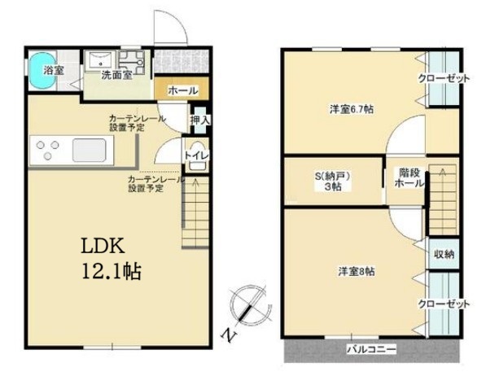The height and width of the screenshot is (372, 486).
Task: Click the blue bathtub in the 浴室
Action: point(43,71)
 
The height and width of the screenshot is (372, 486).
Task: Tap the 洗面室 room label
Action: point(117,76)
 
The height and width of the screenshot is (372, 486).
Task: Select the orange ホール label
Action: point(183,91)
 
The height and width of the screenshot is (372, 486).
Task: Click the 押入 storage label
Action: point(200,120)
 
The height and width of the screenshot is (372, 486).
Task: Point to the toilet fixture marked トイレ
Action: point(196,156)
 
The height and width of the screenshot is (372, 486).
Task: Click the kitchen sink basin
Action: point(90,151)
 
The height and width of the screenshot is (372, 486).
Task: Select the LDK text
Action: point(103,246)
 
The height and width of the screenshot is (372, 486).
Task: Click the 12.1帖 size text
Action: point(112,271)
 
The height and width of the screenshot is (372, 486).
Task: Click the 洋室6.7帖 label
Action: point(351,109)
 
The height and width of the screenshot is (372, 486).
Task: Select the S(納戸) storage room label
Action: point(333,177)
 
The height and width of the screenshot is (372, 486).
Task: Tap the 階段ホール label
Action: point(409,177)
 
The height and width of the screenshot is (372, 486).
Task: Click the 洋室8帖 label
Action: point(356,272)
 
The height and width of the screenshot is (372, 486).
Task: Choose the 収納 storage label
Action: point(444,255)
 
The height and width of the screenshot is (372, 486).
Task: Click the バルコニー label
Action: point(371,350)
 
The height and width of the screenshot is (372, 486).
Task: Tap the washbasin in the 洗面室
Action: point(101,60)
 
